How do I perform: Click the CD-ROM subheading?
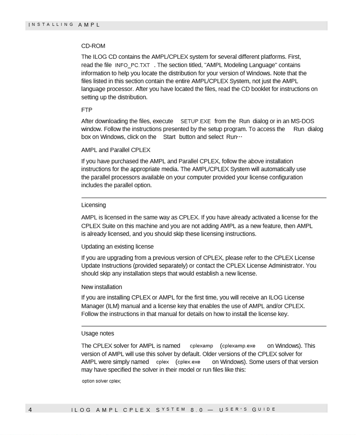93,46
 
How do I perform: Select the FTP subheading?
87,110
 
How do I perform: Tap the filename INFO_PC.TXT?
132,66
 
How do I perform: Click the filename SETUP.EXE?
196,122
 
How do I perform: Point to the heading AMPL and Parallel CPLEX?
116,150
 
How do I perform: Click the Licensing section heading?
94,205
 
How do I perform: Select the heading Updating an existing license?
117,247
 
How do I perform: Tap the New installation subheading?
102,287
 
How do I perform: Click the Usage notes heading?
97,333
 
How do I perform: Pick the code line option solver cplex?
102,381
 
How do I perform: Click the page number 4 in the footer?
30,410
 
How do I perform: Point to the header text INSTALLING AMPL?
64,25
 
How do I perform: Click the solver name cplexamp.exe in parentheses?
238,346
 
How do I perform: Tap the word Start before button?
169,137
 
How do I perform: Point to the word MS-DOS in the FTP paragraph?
302,121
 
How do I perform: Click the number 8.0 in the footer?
197,410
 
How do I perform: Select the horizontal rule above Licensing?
204,198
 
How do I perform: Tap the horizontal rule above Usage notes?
204,326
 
